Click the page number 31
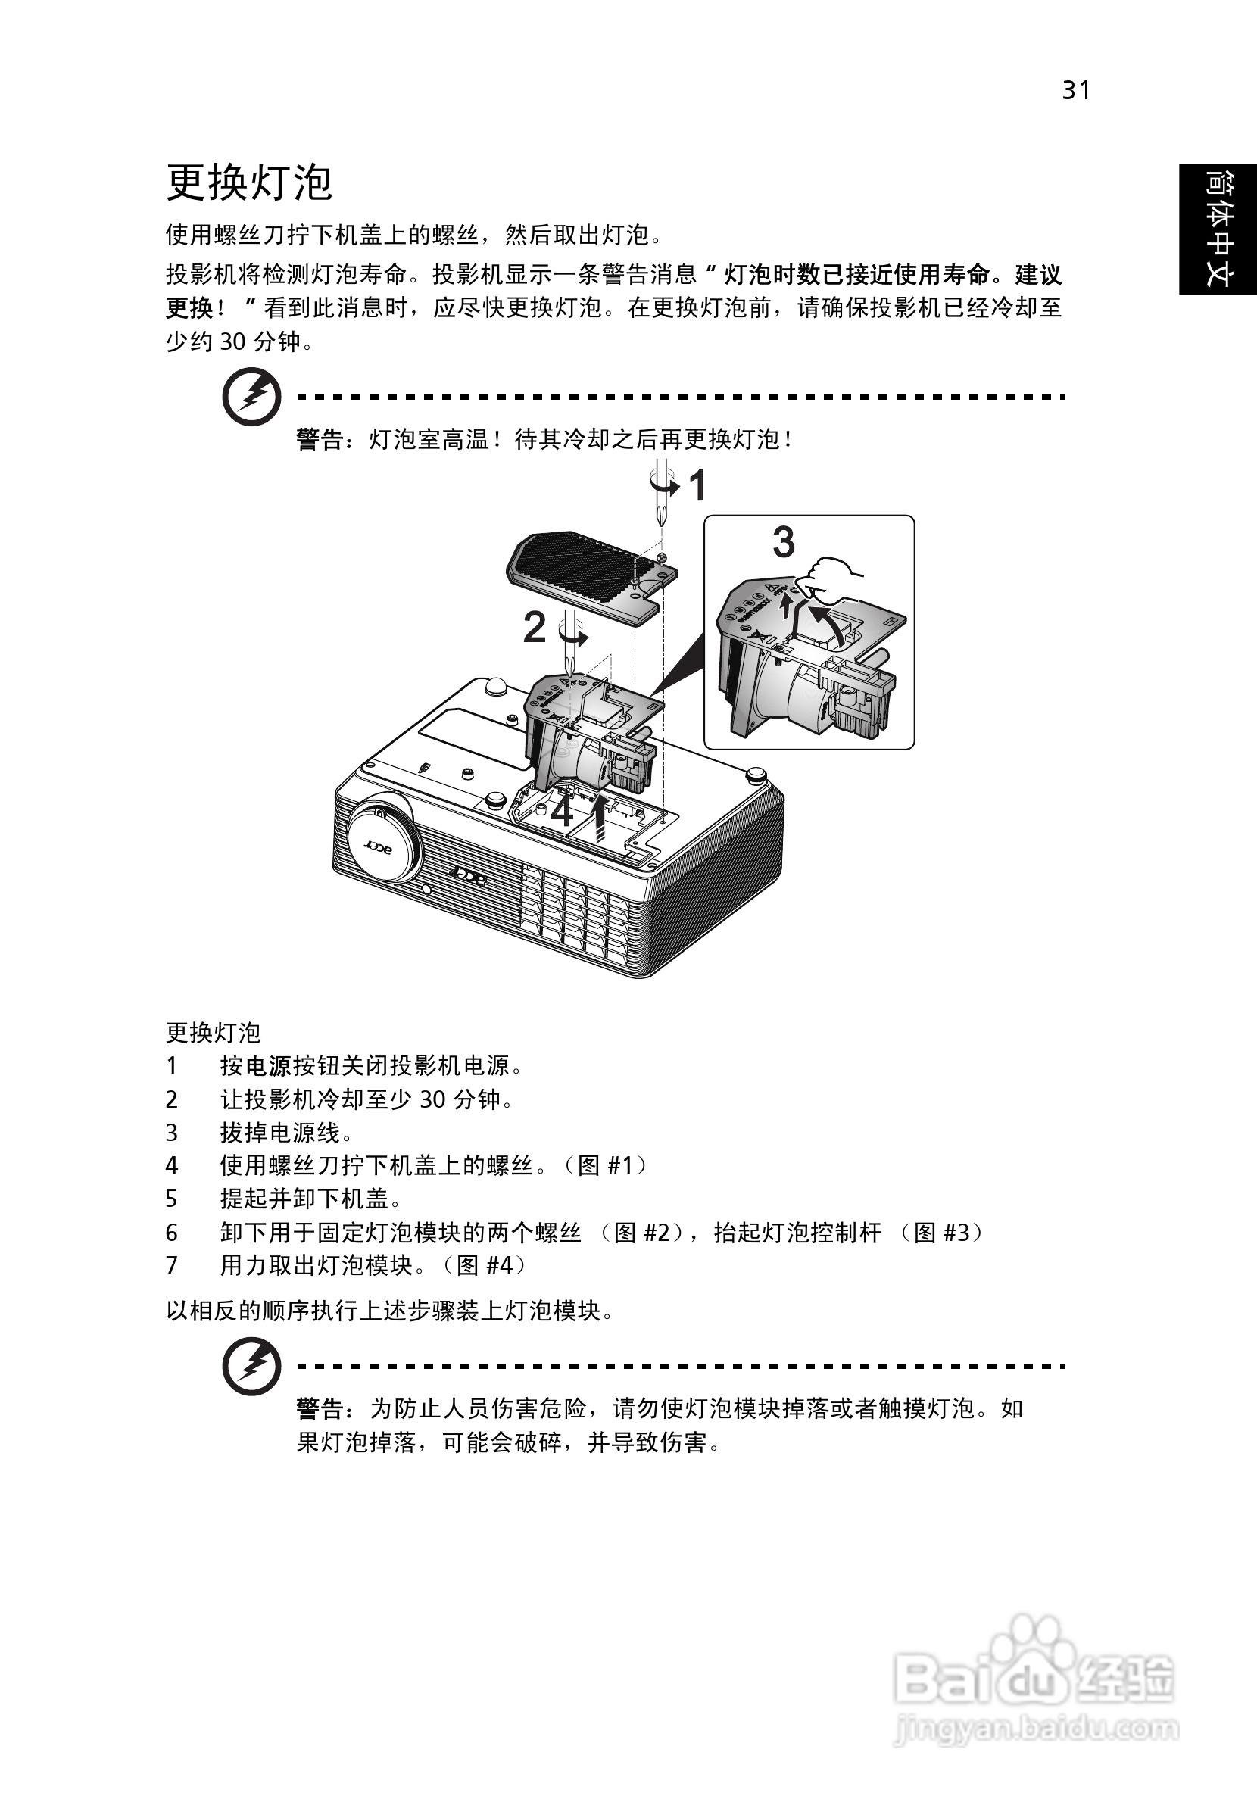pyautogui.click(x=1076, y=91)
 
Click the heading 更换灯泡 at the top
pyautogui.click(x=249, y=183)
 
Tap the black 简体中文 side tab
pyautogui.click(x=1218, y=229)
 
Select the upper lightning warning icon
pyautogui.click(x=251, y=398)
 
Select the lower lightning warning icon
pyautogui.click(x=251, y=1366)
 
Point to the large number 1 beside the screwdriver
pyautogui.click(x=698, y=486)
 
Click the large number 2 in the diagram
pyautogui.click(x=535, y=628)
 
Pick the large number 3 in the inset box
pyautogui.click(x=784, y=542)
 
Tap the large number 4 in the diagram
pyautogui.click(x=562, y=812)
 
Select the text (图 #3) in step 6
pyautogui.click(x=937, y=1233)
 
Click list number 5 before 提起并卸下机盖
pyautogui.click(x=172, y=1199)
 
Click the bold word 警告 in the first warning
pyautogui.click(x=320, y=440)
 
